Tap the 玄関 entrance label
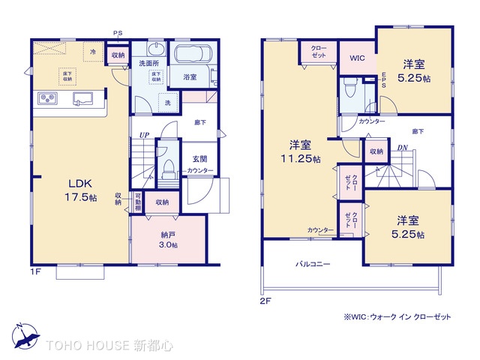click(x=199, y=157)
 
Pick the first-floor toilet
click(x=167, y=165)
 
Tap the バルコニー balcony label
click(x=313, y=265)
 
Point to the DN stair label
click(x=402, y=148)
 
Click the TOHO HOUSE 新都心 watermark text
click(x=110, y=346)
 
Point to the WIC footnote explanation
click(x=397, y=316)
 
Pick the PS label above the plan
click(x=117, y=33)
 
